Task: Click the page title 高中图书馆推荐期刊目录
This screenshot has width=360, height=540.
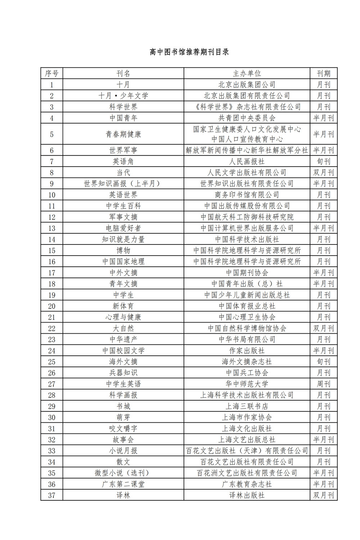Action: pos(189,52)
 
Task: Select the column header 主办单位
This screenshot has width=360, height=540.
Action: pos(247,73)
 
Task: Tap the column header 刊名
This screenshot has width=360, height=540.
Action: pos(123,73)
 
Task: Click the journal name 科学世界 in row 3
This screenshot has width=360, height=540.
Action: pos(123,107)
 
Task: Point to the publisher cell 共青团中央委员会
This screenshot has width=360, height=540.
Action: pos(247,118)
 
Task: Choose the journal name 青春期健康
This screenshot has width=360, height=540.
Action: pos(123,134)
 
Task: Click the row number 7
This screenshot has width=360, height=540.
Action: pos(51,162)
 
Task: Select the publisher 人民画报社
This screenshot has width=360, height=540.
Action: pos(247,162)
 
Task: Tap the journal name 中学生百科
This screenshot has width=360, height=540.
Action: pos(123,206)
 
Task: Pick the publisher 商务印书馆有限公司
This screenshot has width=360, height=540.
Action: pos(247,195)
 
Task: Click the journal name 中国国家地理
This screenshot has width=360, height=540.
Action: pos(123,262)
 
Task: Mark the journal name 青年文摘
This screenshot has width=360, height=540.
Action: pos(123,284)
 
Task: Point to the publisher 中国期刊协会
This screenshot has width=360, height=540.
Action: pos(247,273)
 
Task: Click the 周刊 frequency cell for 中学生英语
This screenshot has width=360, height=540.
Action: pos(323,384)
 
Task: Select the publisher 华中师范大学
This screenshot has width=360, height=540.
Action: pos(247,384)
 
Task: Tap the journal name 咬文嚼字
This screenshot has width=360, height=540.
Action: pos(123,429)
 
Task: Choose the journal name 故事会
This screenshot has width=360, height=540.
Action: pos(123,440)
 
